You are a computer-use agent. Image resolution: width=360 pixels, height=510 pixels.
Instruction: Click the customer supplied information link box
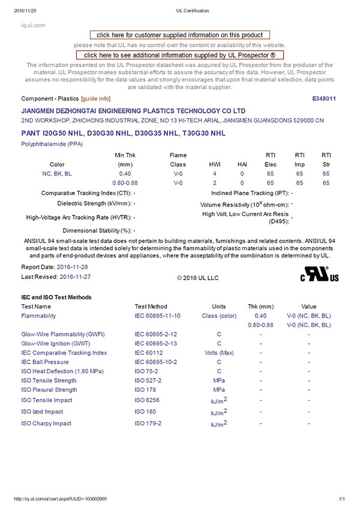[180, 35]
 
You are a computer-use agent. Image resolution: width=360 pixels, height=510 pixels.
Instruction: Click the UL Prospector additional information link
[180, 55]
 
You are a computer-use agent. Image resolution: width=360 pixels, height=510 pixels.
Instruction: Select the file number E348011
[324, 98]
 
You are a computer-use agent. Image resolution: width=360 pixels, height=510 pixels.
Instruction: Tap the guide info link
[95, 98]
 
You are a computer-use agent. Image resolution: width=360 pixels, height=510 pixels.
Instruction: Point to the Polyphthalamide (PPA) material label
[48, 145]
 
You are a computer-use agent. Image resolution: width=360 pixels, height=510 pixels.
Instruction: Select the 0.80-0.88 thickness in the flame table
[125, 182]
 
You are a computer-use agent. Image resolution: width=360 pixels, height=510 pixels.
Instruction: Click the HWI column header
[214, 164]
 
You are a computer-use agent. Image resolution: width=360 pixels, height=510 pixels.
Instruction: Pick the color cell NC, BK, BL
[57, 173]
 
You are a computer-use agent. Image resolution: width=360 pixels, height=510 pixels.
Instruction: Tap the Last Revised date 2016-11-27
[76, 277]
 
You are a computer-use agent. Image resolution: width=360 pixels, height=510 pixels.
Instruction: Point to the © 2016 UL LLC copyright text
[198, 278]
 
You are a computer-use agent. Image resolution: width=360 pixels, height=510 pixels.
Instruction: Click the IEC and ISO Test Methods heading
[56, 297]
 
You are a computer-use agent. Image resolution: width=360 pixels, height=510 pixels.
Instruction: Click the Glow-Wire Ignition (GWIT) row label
[56, 343]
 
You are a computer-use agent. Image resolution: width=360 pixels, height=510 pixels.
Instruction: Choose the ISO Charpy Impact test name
[46, 424]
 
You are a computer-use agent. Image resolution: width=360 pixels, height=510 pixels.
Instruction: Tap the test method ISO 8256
[147, 400]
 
